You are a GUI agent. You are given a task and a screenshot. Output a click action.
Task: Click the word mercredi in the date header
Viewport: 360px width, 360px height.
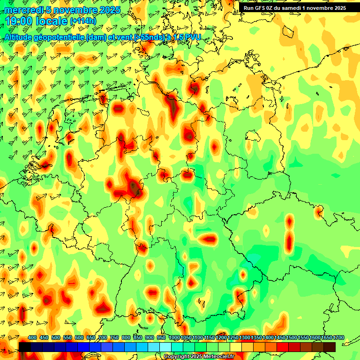point(23,10)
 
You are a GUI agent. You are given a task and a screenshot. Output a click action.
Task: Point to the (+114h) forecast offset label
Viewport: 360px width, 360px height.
point(83,21)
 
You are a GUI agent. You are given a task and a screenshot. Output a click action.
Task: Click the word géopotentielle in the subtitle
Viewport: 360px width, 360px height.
point(57,37)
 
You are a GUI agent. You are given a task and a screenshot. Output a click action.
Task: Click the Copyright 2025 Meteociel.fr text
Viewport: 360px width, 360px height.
point(199,357)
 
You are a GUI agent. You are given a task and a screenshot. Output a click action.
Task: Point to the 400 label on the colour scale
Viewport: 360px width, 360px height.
point(32,338)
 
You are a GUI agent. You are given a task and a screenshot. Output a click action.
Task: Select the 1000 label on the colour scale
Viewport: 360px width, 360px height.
point(174,338)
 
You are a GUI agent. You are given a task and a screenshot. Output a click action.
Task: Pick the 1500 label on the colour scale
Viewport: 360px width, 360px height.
point(292,338)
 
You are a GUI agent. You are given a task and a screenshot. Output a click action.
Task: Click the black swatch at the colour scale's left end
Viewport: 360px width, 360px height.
point(25,347)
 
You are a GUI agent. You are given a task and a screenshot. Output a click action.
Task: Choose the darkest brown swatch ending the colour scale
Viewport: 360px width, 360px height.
point(330,347)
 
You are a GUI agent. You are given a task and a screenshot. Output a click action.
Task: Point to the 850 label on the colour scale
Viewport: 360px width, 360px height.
point(138,338)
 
